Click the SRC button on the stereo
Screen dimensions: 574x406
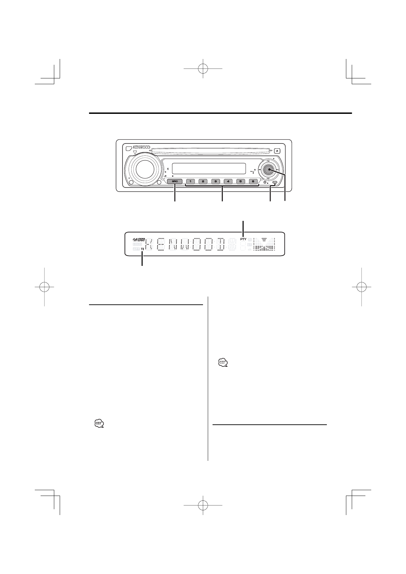click(x=175, y=182)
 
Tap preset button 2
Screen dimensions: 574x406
click(x=203, y=182)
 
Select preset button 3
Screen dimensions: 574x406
click(x=215, y=182)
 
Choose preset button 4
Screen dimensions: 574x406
click(x=228, y=182)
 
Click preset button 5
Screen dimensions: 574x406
click(x=241, y=182)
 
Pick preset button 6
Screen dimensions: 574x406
click(x=253, y=182)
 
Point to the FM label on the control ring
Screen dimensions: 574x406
click(x=268, y=160)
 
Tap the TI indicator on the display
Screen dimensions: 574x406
click(x=142, y=250)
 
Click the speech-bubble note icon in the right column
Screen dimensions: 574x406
click(x=222, y=363)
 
